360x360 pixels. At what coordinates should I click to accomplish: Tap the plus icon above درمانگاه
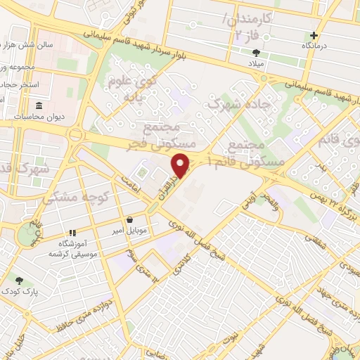tap(314, 35)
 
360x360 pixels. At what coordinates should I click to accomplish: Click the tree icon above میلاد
tap(256, 52)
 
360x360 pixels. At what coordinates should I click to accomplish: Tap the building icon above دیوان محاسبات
tap(38, 106)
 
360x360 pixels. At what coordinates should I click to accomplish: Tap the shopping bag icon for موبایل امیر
tap(131, 220)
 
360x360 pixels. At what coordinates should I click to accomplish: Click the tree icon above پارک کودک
tap(19, 281)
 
